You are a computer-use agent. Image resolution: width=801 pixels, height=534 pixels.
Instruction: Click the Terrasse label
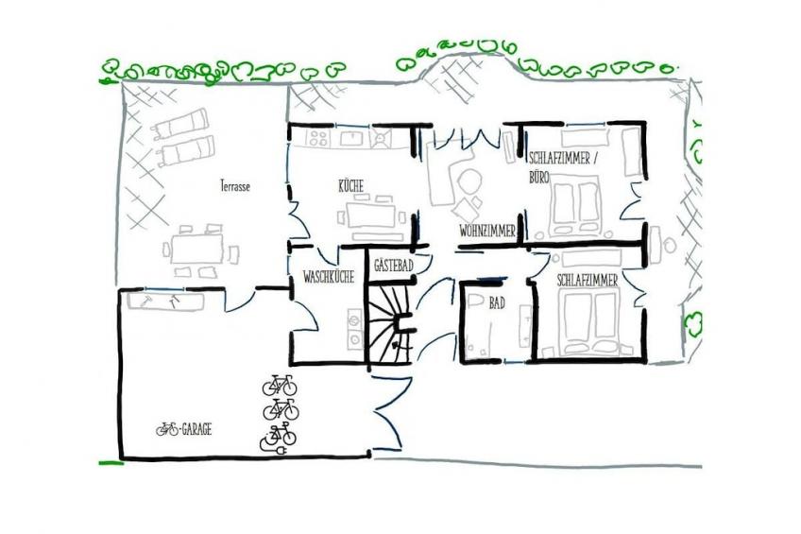click(235, 186)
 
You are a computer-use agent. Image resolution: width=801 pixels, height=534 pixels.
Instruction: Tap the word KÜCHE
click(351, 186)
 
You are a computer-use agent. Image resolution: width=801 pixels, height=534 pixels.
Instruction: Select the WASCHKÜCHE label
click(329, 277)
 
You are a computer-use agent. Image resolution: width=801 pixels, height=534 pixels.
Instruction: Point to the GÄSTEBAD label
click(393, 266)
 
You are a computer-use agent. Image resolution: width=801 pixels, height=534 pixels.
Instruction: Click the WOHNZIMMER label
click(487, 231)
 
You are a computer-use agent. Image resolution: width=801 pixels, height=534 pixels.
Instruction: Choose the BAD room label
click(497, 303)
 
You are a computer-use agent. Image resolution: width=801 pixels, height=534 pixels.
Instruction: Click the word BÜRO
click(539, 178)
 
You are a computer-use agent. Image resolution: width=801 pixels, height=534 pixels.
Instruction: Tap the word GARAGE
click(196, 429)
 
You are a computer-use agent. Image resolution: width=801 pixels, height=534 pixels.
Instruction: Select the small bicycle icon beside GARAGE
click(167, 429)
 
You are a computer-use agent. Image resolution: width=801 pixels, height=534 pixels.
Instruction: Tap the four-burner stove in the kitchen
click(318, 138)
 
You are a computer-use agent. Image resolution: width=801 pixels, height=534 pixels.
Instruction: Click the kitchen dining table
click(371, 215)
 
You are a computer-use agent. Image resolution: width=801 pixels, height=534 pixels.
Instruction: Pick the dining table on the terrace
click(197, 249)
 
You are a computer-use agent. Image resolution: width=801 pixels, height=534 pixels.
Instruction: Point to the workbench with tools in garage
click(165, 301)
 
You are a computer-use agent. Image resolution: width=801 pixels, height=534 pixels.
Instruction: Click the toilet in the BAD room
click(475, 301)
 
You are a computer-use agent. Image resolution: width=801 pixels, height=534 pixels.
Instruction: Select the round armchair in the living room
click(469, 181)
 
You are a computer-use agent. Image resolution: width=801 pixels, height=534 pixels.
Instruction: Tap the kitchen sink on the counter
click(351, 138)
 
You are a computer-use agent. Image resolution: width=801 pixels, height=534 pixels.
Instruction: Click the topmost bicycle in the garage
click(280, 386)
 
